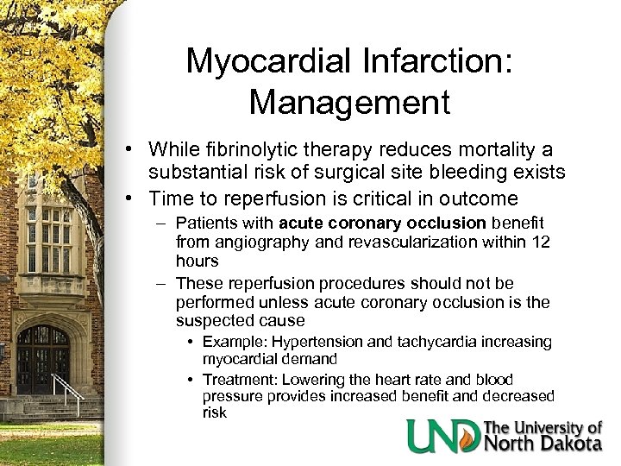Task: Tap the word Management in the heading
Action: pos(349,102)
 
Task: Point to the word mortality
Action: pos(499,151)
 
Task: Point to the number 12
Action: pos(541,243)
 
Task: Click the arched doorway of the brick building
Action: pos(43,356)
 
